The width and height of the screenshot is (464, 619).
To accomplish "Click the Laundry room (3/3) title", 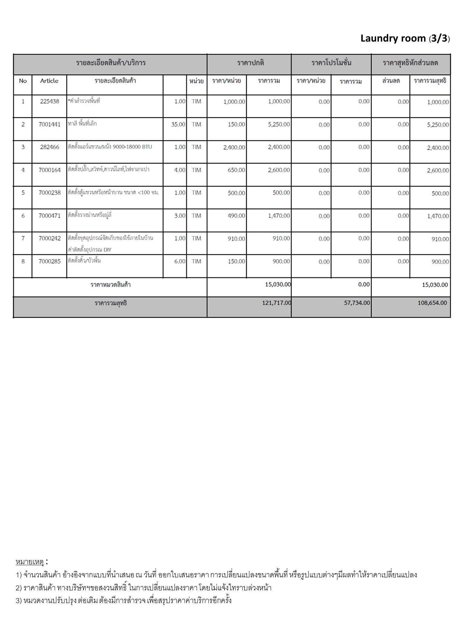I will click(405, 39).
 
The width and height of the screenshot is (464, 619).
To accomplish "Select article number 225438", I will click(50, 102).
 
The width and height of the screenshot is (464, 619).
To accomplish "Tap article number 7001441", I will click(50, 124).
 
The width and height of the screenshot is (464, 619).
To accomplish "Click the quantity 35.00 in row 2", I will click(178, 124).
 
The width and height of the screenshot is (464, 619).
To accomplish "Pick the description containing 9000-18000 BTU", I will click(110, 147).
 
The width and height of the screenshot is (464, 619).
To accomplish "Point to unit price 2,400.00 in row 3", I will click(234, 147).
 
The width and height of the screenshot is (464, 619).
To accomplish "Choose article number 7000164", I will click(50, 170).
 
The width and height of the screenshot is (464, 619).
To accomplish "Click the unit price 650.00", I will click(236, 170).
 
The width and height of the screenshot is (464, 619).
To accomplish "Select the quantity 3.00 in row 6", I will click(180, 216).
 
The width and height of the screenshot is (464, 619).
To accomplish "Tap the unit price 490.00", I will click(236, 216).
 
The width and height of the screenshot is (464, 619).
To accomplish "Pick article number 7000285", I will click(50, 261).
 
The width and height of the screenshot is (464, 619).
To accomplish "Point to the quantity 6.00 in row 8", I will click(180, 261).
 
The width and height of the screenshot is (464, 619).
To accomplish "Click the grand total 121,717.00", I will click(276, 303).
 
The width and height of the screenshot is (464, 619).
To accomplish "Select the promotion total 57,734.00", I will click(357, 303).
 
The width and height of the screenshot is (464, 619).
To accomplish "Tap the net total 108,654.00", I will click(432, 303).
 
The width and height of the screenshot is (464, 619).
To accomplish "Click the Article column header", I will click(49, 81).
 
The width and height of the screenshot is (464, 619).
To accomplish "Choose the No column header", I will click(23, 81).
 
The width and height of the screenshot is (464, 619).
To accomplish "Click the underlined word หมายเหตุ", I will click(30, 562).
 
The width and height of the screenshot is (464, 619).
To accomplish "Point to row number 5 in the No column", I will click(23, 193).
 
